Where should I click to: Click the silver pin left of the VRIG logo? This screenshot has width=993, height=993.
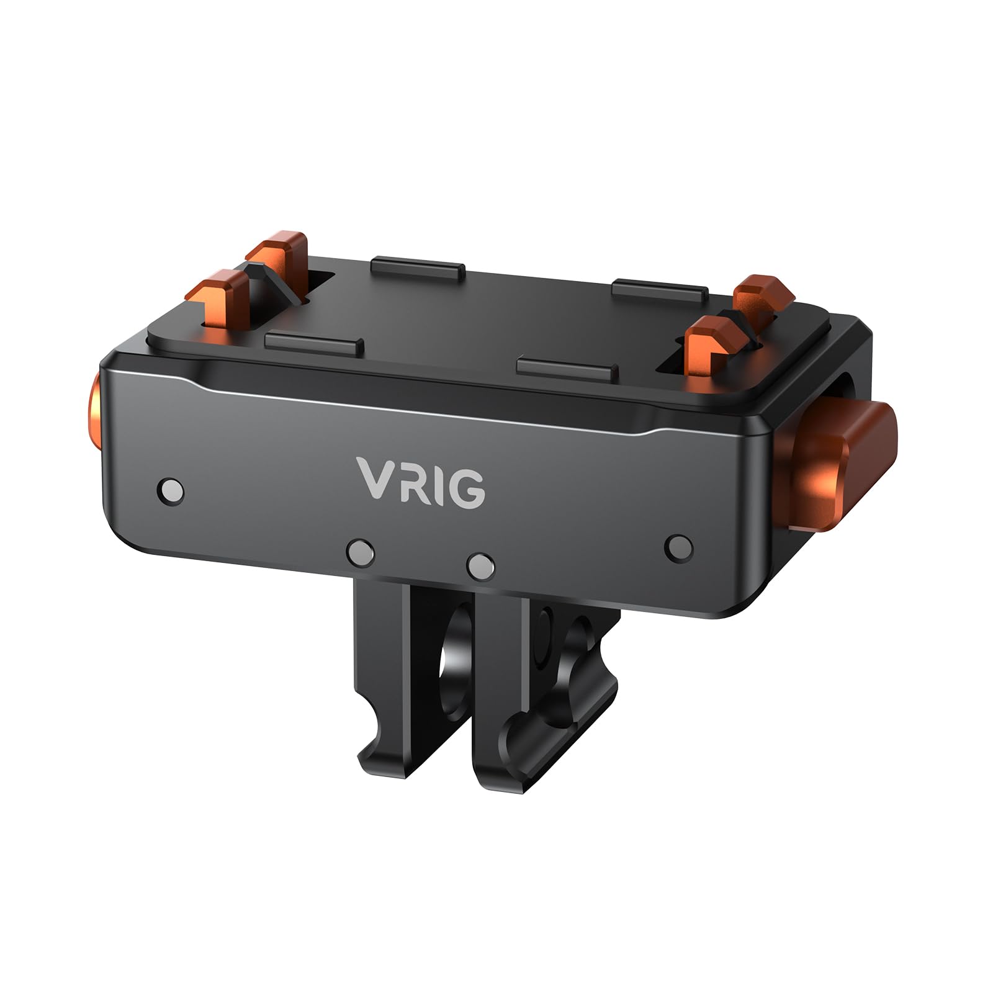[171, 489]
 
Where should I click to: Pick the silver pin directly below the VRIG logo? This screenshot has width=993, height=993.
[361, 549]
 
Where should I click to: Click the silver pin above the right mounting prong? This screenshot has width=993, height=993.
[481, 563]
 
